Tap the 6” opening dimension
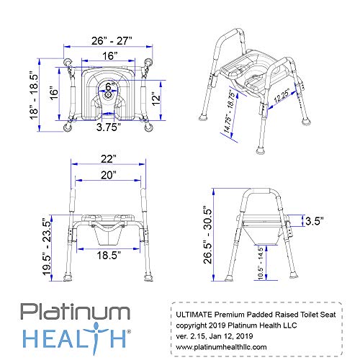coord(109,87)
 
